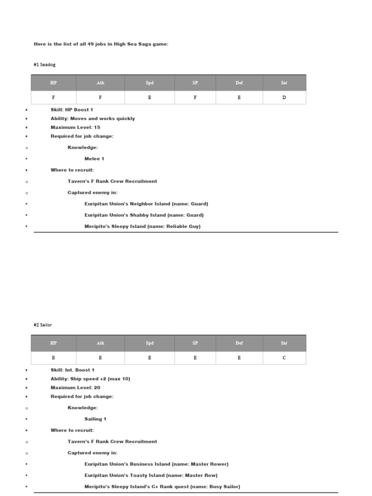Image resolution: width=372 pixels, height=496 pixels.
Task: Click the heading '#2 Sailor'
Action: pyautogui.click(x=43, y=325)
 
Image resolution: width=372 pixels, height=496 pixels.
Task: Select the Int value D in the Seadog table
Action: pyautogui.click(x=284, y=97)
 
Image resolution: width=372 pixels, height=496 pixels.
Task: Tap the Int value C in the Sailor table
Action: pyautogui.click(x=284, y=358)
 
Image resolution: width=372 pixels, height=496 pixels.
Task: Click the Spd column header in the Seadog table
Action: pyautogui.click(x=149, y=83)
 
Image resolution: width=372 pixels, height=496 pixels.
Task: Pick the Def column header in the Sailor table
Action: pyautogui.click(x=239, y=343)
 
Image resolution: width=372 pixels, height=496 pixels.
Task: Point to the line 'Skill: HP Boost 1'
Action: pyautogui.click(x=72, y=110)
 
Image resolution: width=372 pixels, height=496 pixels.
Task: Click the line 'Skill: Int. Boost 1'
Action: pyautogui.click(x=73, y=370)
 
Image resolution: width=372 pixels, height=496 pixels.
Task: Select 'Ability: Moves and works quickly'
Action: pyautogui.click(x=93, y=119)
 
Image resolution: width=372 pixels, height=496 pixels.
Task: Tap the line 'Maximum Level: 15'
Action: pyautogui.click(x=75, y=127)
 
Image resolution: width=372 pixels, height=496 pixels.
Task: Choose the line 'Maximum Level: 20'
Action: pyautogui.click(x=75, y=387)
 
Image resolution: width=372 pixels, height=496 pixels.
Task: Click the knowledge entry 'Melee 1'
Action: pyautogui.click(x=94, y=159)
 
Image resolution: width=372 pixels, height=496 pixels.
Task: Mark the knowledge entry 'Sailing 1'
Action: pyautogui.click(x=95, y=419)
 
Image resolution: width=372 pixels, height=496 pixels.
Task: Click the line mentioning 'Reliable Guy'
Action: pyautogui.click(x=142, y=226)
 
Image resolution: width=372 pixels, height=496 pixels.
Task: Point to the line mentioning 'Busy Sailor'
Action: pyautogui.click(x=162, y=486)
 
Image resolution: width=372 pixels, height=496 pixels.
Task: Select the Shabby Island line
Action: pyautogui.click(x=144, y=215)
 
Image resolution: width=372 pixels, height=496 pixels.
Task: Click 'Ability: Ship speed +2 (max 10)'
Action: pyautogui.click(x=90, y=379)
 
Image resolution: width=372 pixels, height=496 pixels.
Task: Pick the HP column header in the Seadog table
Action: pyautogui.click(x=53, y=83)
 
